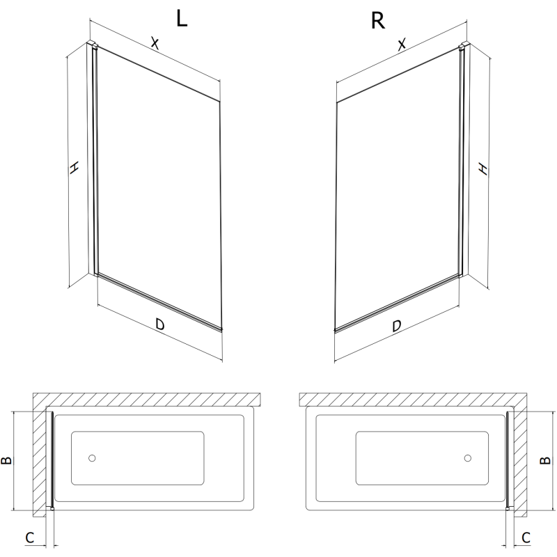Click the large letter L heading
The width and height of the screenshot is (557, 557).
[x=182, y=19]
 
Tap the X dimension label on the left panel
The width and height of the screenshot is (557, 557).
[x=155, y=44]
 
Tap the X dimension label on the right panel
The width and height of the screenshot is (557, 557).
[x=402, y=45]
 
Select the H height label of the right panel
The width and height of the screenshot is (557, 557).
[x=483, y=168]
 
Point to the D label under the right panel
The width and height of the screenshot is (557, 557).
[x=397, y=324]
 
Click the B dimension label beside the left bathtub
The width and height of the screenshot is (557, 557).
[x=6, y=460]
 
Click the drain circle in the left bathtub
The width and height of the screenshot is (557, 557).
[x=93, y=459]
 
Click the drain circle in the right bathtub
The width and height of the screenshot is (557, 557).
[x=467, y=459]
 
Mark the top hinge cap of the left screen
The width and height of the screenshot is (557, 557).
[x=91, y=46]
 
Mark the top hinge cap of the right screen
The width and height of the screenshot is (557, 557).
[x=463, y=47]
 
